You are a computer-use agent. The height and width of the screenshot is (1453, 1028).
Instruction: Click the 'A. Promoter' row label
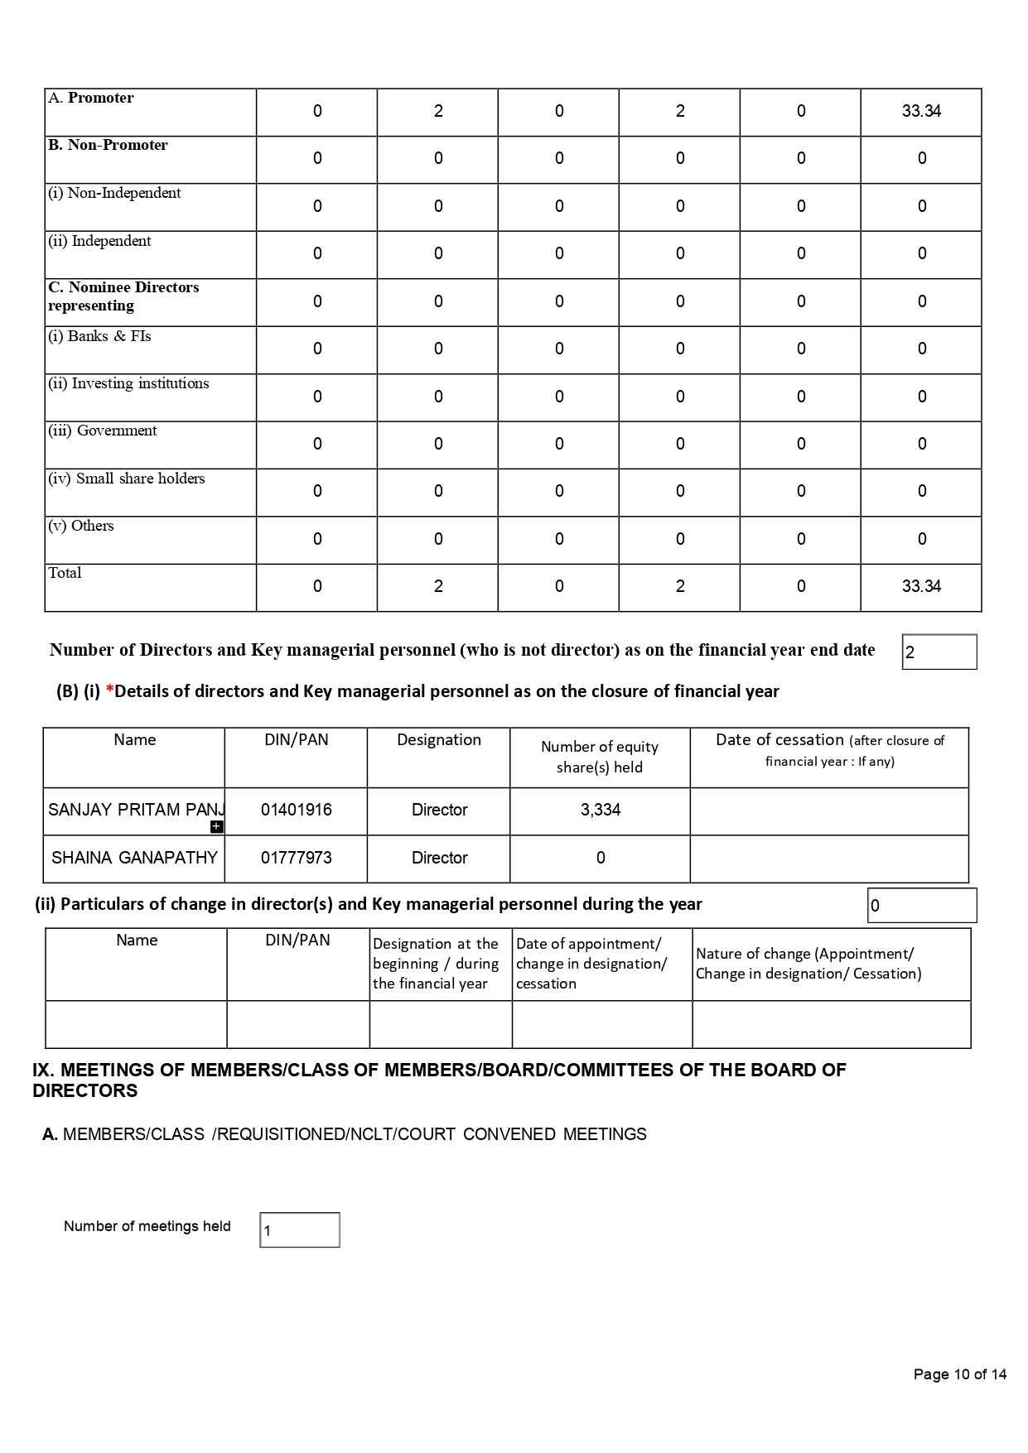click(91, 99)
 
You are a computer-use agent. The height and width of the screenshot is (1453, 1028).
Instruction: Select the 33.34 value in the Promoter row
click(921, 112)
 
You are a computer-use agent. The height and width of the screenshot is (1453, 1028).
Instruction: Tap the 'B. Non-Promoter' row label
click(108, 146)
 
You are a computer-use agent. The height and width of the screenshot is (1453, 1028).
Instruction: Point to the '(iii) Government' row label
click(103, 431)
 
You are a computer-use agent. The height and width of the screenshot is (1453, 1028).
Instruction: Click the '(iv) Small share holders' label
click(127, 479)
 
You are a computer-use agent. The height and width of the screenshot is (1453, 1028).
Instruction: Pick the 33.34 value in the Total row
click(921, 587)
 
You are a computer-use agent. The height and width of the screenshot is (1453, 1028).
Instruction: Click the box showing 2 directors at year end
click(939, 652)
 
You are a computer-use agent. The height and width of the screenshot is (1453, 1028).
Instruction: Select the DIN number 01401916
click(297, 811)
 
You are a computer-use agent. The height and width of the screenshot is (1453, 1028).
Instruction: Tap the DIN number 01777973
click(297, 859)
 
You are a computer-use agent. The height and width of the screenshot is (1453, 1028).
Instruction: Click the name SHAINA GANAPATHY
click(134, 859)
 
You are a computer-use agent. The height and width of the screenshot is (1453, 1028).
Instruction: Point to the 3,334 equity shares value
click(601, 811)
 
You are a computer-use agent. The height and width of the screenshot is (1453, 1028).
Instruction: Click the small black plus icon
click(217, 826)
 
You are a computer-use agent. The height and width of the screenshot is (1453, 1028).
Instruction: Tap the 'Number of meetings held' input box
click(300, 1230)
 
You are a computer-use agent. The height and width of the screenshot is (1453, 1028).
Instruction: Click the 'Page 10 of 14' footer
click(959, 1375)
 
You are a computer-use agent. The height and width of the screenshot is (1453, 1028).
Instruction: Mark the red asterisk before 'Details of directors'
click(109, 691)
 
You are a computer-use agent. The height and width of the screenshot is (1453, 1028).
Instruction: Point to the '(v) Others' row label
click(81, 527)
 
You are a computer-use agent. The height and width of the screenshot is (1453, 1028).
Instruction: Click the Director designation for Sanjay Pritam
click(439, 811)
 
